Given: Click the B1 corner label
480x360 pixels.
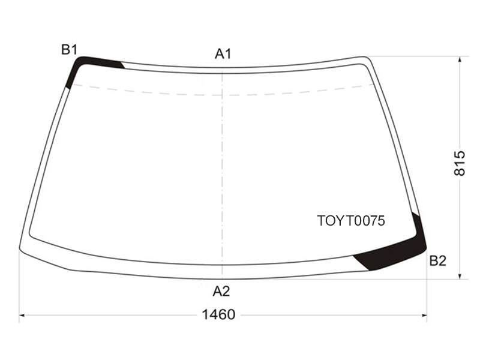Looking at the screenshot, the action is click(70, 50).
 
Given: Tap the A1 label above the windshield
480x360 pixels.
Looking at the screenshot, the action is click(223, 54).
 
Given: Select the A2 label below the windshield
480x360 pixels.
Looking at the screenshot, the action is click(221, 291).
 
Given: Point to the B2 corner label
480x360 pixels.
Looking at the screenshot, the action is click(438, 261).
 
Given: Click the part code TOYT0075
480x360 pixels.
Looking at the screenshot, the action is click(351, 221).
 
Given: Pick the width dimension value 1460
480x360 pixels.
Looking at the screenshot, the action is click(218, 314).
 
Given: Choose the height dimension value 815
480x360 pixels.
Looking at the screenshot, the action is click(459, 163).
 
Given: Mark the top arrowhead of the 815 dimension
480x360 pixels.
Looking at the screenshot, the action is click(460, 60).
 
